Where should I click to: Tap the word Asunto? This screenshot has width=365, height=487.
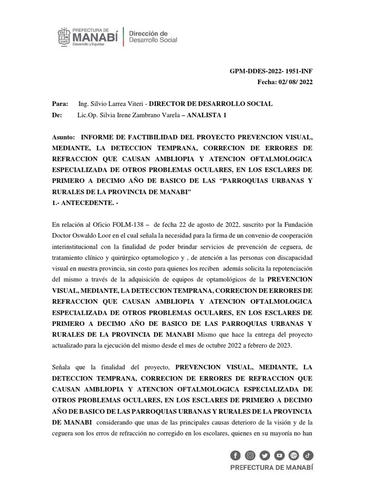[x=63, y=137]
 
